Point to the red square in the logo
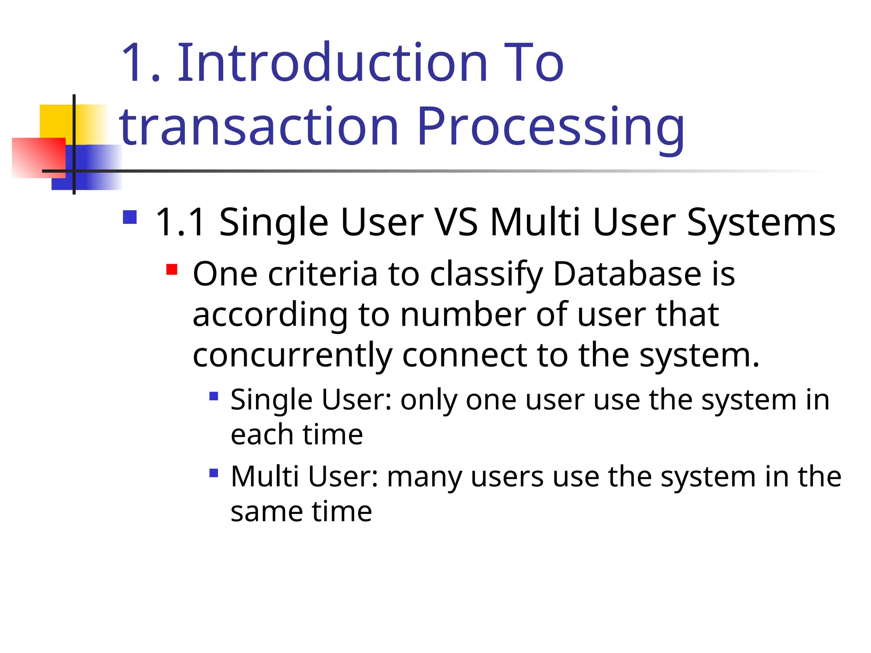[38, 157]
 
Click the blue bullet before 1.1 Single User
[130, 217]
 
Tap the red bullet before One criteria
[172, 270]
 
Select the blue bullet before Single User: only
[214, 396]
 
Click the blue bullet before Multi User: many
[214, 473]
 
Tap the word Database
[627, 274]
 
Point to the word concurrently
[292, 356]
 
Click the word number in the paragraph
[463, 315]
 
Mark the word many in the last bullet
[424, 477]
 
